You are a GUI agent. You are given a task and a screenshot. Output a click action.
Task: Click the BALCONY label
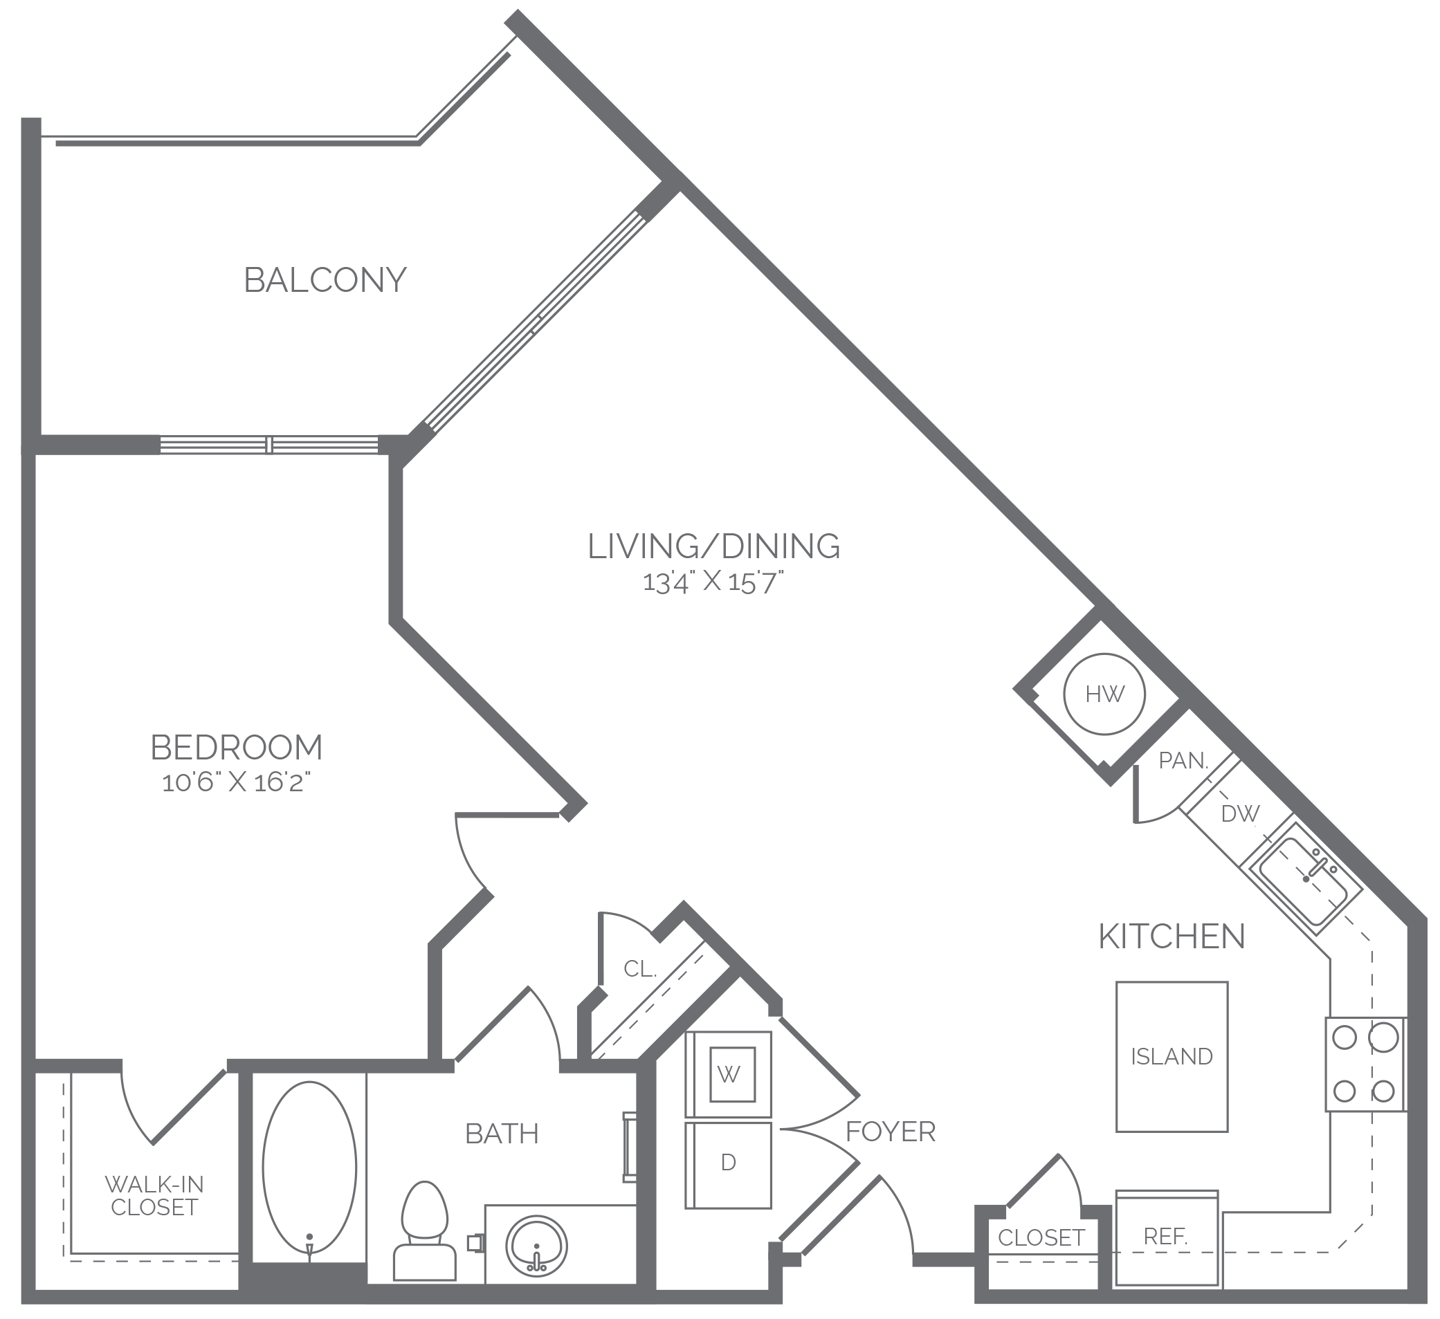point(325,280)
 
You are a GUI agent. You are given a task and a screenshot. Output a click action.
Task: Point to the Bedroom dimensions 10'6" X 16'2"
point(237,783)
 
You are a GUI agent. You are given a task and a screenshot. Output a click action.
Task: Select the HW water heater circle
point(1104,694)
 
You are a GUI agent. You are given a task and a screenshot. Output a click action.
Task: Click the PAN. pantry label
point(1183,761)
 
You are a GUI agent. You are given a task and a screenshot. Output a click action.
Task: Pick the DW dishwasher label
point(1241,813)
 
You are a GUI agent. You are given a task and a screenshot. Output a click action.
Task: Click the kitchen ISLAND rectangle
point(1172,1056)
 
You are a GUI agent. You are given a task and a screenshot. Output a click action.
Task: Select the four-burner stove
point(1366,1063)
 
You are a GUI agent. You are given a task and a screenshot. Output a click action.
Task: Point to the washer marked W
point(729,1074)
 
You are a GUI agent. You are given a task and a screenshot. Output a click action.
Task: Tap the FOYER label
point(890,1131)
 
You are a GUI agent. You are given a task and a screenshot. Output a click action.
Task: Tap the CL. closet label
point(639,969)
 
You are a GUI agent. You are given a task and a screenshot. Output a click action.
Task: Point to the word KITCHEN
point(1172,937)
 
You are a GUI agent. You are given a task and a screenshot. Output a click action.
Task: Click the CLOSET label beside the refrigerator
point(1041,1237)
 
